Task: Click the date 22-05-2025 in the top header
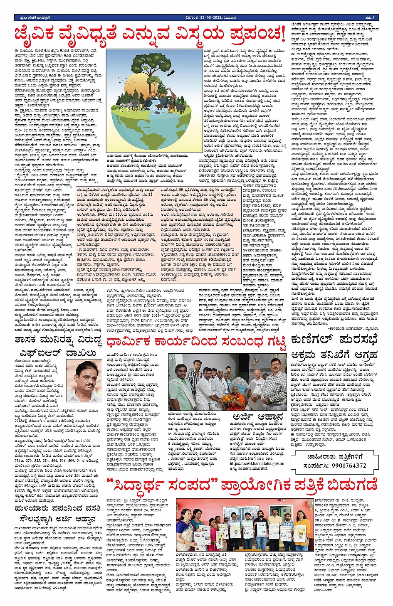coord(202,18)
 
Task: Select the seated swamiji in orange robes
coord(231,397)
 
